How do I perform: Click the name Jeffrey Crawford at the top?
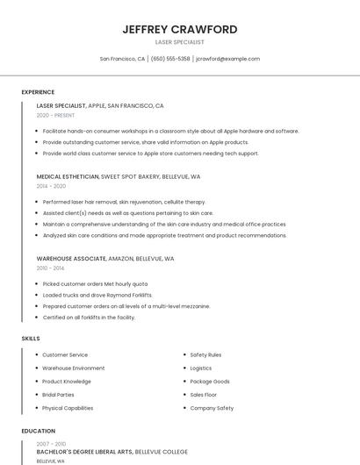coord(180,29)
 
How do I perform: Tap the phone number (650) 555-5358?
coord(170,59)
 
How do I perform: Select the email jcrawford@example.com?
coord(227,59)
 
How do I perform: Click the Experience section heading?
coord(38,92)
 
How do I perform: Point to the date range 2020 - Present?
coord(55,115)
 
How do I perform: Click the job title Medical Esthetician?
coord(68,176)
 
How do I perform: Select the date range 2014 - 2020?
coord(51,186)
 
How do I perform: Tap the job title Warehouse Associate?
coord(71,259)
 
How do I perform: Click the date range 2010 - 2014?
coord(50,268)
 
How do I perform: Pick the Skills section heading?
coord(31,338)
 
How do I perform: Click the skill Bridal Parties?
coord(58,395)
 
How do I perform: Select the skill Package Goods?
coord(210,382)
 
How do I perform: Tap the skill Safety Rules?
coord(205,355)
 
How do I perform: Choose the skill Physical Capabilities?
coord(68,408)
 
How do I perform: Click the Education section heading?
coord(38,432)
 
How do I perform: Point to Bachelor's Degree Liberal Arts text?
coord(84,452)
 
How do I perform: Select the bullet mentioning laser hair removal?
coord(124,202)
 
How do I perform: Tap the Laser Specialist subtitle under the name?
coord(180,42)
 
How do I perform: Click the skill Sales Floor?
coord(205,395)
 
